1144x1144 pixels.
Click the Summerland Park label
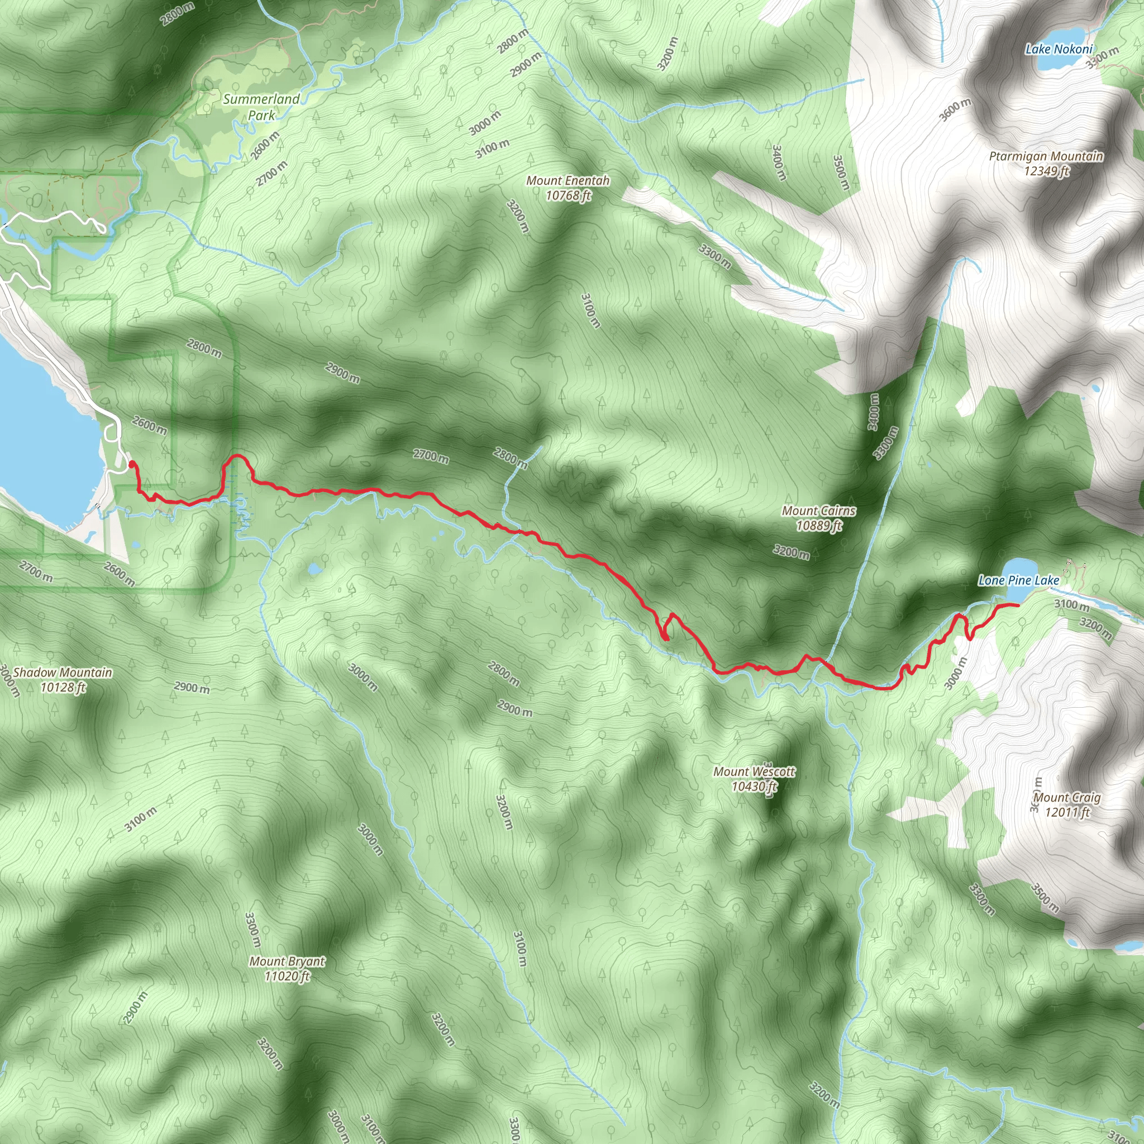(261, 107)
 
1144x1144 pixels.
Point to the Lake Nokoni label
(1059, 50)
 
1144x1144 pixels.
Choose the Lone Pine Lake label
(1018, 581)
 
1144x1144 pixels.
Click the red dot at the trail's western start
(131, 464)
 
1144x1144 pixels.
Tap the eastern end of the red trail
(1017, 605)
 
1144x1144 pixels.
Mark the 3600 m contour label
(955, 110)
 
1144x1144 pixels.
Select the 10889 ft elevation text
(819, 526)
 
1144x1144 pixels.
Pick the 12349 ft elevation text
(1047, 171)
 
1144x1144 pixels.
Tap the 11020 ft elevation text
(287, 976)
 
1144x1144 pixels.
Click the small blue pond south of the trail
(314, 570)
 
